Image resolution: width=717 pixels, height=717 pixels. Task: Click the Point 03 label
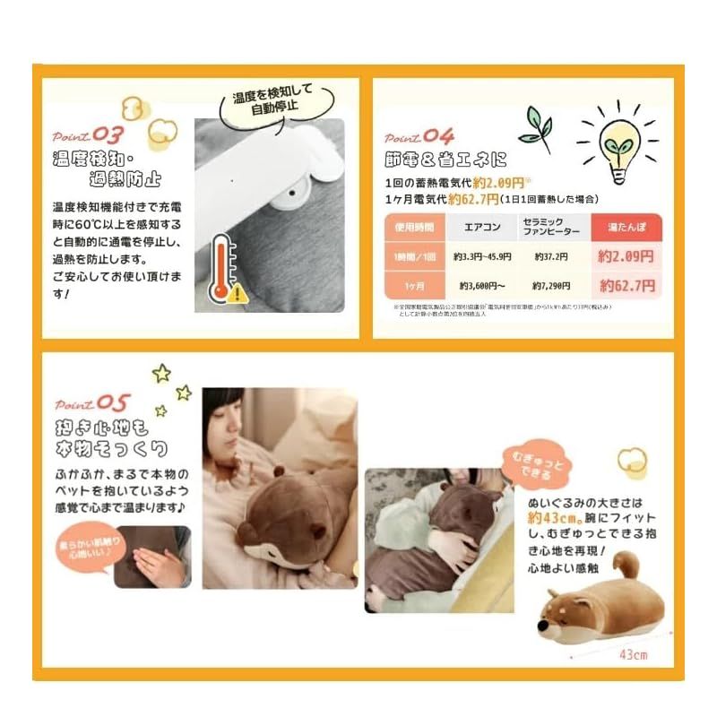[x=87, y=136]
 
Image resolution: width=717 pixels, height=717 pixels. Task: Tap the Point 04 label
[x=419, y=136]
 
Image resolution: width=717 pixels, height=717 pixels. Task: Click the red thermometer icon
[x=220, y=269]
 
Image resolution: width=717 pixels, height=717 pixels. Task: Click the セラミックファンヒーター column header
[x=551, y=227]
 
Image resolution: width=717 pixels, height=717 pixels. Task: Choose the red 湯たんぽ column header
[x=625, y=227]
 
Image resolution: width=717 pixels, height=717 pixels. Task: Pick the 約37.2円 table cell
[x=551, y=256]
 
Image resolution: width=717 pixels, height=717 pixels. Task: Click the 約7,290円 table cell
[x=551, y=286]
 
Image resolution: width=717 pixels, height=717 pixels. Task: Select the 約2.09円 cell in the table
[x=625, y=256]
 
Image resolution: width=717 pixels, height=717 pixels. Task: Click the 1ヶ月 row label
[x=414, y=286]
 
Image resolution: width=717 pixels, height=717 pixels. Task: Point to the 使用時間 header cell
[x=414, y=227]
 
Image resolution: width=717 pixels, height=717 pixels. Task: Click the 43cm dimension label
[x=632, y=653]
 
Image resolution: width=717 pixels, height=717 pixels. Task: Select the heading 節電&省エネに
[x=445, y=160]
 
